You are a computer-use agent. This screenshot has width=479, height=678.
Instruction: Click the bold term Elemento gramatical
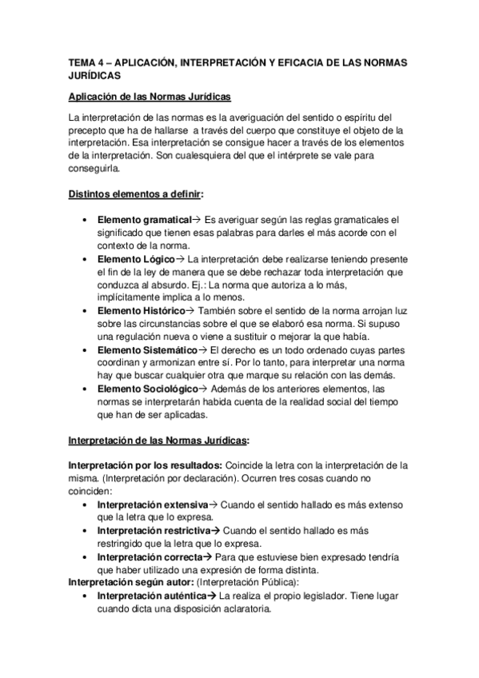point(144,218)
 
